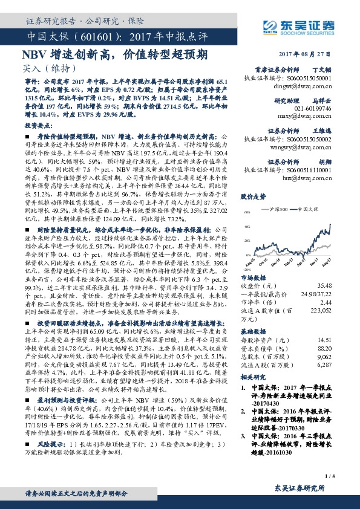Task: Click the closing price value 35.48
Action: (341, 286)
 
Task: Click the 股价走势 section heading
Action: (253, 196)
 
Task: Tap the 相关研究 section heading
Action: (253, 376)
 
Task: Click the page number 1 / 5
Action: (346, 477)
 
